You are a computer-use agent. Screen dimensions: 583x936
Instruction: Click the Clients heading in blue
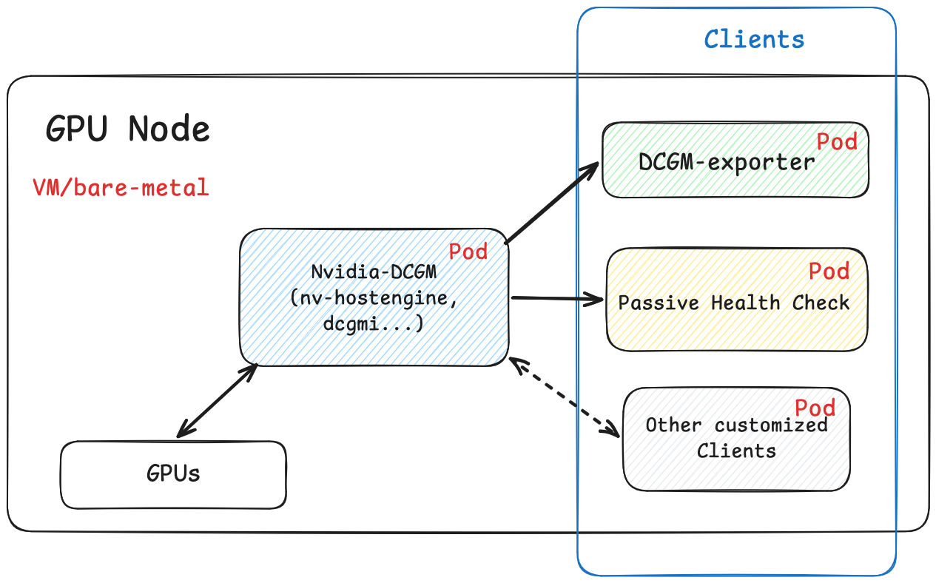tap(753, 38)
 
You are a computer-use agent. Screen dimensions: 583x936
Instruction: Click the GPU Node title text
tap(128, 129)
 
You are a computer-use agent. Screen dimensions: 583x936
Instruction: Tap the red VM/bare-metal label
tap(121, 187)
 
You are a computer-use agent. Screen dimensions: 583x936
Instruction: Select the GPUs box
tap(173, 474)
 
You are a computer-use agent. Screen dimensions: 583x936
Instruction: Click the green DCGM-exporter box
tap(735, 178)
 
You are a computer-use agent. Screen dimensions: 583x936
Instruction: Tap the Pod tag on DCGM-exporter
tap(836, 141)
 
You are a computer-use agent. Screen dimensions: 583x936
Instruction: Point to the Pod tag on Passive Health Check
tap(829, 271)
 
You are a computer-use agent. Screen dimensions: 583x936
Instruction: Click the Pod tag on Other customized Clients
tap(815, 408)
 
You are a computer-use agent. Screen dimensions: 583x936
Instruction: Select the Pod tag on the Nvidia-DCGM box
tap(468, 252)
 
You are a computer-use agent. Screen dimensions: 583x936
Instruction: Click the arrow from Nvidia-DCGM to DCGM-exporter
tap(551, 204)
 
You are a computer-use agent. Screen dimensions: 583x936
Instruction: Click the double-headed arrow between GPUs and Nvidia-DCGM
tap(217, 400)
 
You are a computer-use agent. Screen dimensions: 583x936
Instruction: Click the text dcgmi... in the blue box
tap(374, 323)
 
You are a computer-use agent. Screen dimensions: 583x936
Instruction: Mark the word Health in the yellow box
tap(748, 303)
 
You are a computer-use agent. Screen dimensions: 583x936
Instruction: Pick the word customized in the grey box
tap(770, 425)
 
